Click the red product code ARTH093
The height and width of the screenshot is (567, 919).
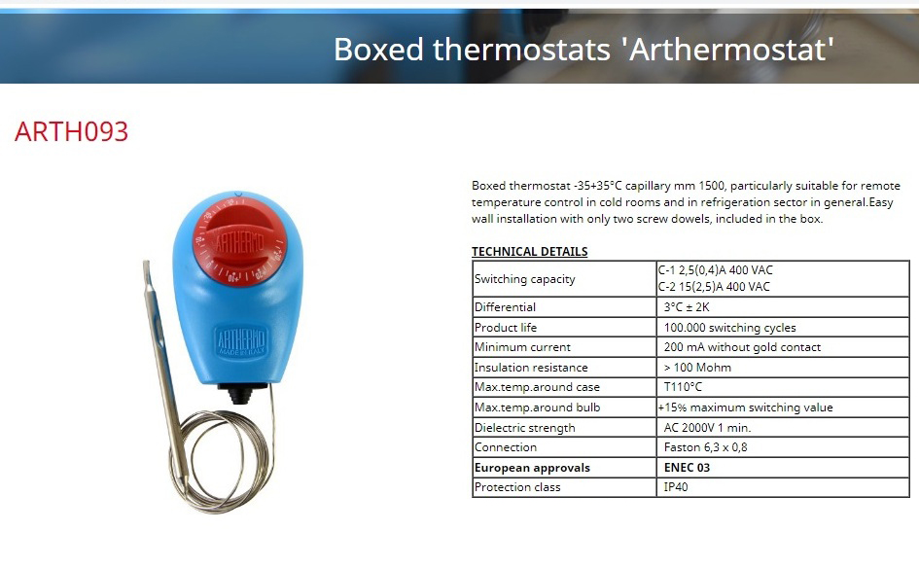pyautogui.click(x=72, y=131)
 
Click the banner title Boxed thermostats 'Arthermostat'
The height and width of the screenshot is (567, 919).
pyautogui.click(x=583, y=50)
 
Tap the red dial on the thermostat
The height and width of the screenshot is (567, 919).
pyautogui.click(x=239, y=241)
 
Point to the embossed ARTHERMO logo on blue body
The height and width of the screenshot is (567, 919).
pyautogui.click(x=241, y=341)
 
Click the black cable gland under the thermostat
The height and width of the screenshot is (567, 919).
pyautogui.click(x=241, y=394)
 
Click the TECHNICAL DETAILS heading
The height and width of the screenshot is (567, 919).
pyautogui.click(x=529, y=252)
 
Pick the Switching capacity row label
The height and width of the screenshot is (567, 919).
pyautogui.click(x=524, y=279)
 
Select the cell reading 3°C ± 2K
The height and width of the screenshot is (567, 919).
pyautogui.click(x=687, y=306)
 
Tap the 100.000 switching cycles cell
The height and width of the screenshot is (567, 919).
pyautogui.click(x=729, y=328)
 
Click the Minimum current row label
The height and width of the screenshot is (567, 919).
pyautogui.click(x=522, y=347)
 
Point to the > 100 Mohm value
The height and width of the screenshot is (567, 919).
pyautogui.click(x=697, y=368)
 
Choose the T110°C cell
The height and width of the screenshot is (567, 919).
pyautogui.click(x=683, y=387)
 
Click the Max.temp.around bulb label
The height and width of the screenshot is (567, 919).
pyautogui.click(x=537, y=408)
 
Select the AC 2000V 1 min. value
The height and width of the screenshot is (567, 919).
pyautogui.click(x=707, y=428)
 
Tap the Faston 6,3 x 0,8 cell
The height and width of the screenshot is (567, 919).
pyautogui.click(x=705, y=447)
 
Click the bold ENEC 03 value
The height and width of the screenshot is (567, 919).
pyautogui.click(x=687, y=468)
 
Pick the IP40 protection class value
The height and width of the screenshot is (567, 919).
pyautogui.click(x=676, y=487)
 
